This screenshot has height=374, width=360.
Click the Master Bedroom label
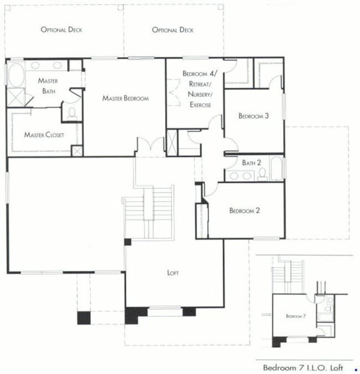[x=126, y=99]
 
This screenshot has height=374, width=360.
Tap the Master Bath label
[x=49, y=85]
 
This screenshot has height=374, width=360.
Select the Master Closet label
[x=44, y=135]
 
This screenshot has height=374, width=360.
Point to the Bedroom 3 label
[x=253, y=116]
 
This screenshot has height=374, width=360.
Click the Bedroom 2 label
[x=244, y=211]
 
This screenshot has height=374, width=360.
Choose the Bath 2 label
[x=251, y=163]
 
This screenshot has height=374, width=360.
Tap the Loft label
[x=173, y=273]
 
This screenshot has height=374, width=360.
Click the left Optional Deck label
[x=61, y=29]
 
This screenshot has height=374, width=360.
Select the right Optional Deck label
[x=172, y=29]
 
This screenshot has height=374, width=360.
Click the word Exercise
[x=200, y=105]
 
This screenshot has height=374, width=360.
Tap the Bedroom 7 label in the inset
[x=294, y=316]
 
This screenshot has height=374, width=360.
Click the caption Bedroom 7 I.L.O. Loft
[x=303, y=368]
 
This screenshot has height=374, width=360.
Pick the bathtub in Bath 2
[x=276, y=168]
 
